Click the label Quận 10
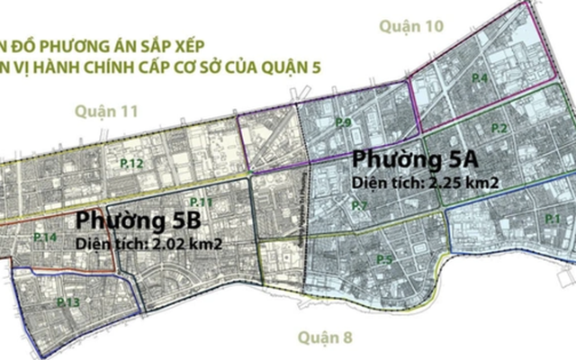tap(412, 27)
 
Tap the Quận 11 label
tap(105, 111)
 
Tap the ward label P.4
tap(480, 79)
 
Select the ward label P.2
tap(500, 129)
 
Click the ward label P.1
tap(552, 219)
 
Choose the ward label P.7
tap(359, 206)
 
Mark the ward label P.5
tap(383, 260)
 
